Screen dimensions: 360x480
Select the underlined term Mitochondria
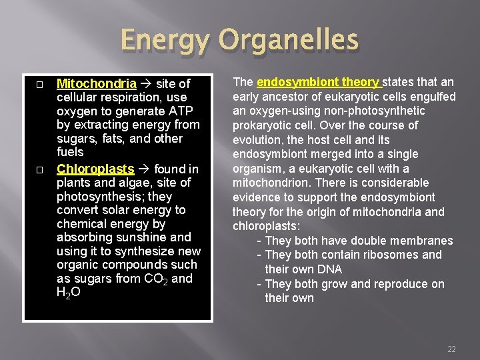tap(97, 84)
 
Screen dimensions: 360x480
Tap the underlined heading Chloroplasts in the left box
tap(95, 169)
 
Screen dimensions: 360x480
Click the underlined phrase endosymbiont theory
tap(318, 82)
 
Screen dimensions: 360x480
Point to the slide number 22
tap(451, 349)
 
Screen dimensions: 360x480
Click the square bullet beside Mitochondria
tap(40, 85)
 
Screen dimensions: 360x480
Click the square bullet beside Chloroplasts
tap(40, 170)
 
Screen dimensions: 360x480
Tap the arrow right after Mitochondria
tap(147, 84)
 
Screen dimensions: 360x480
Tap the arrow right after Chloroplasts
tap(144, 169)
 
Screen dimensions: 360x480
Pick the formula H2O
tap(69, 293)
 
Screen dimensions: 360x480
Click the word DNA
tap(329, 269)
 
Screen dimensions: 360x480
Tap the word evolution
tap(256, 140)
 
